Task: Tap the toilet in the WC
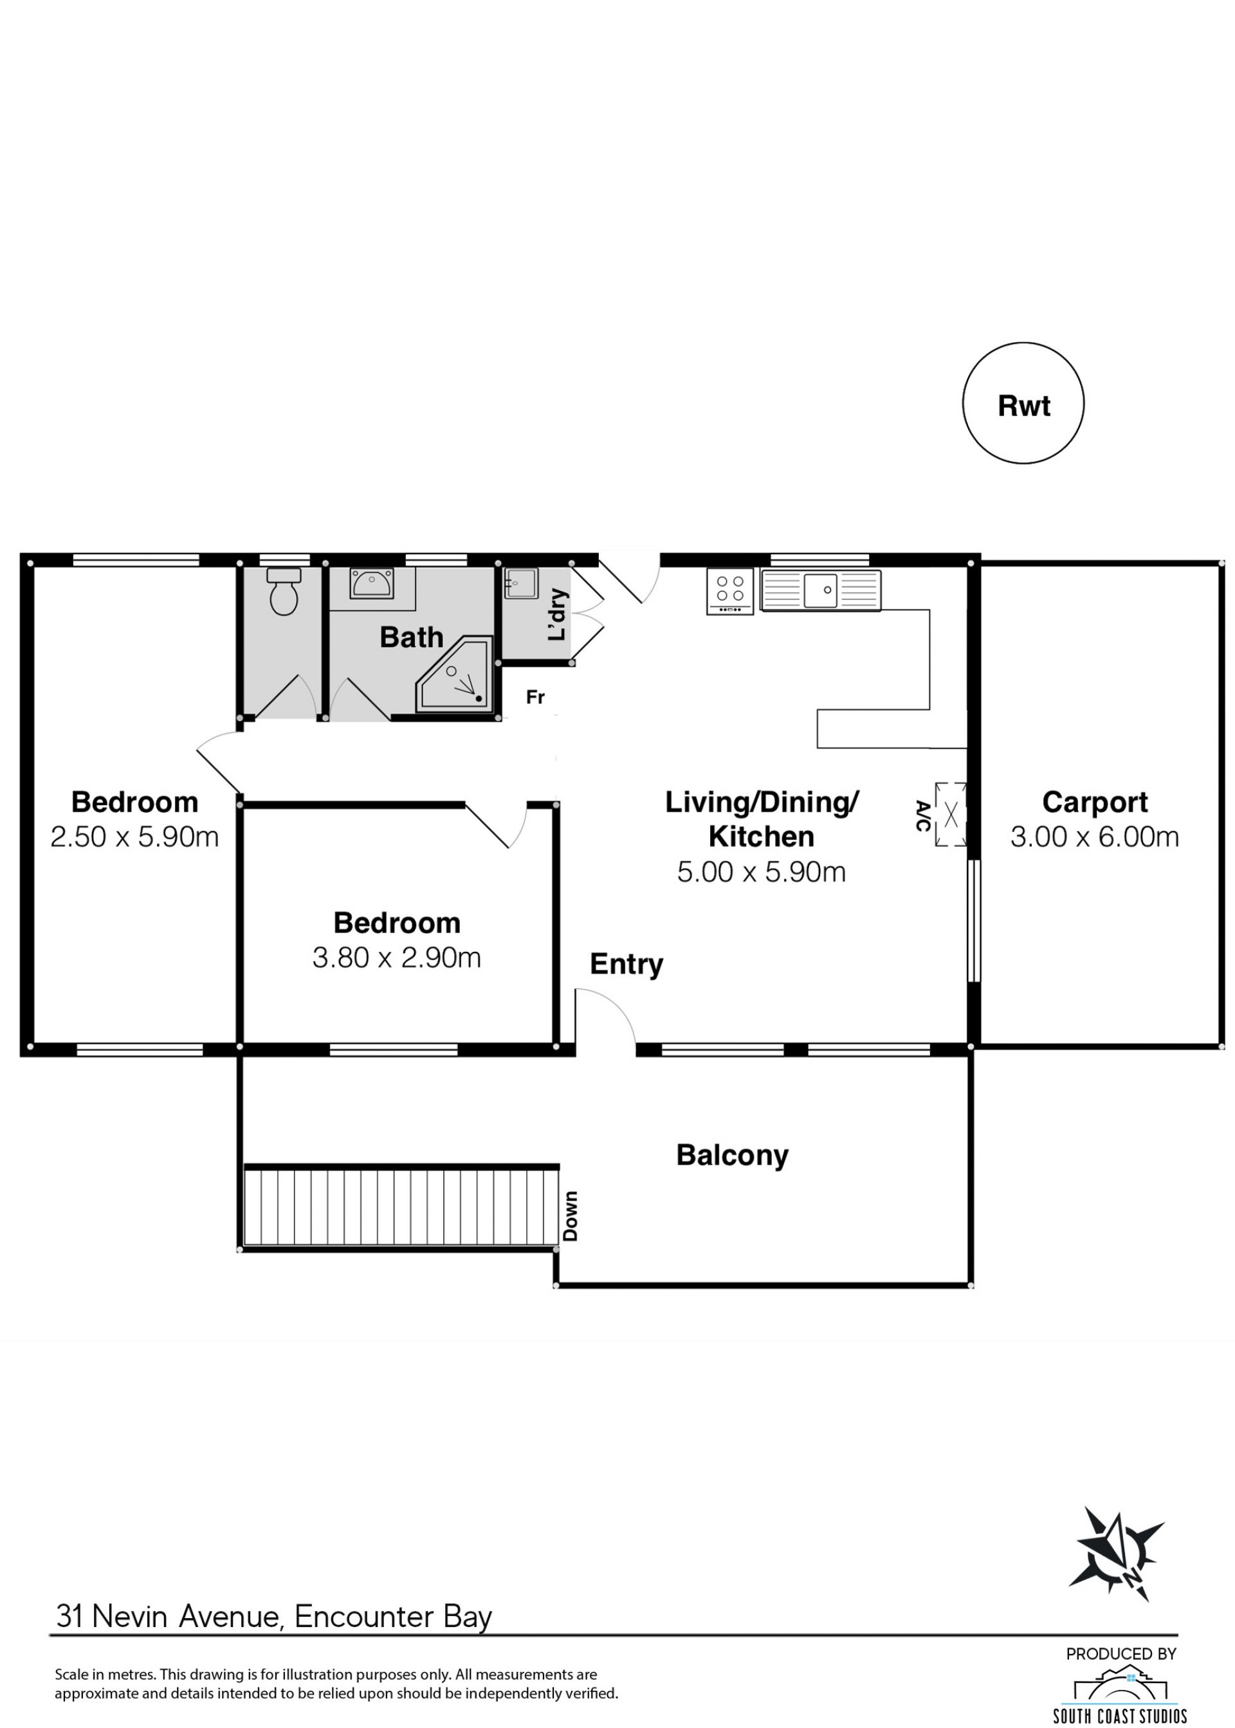pyautogui.click(x=284, y=591)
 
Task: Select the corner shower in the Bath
pyautogui.click(x=455, y=675)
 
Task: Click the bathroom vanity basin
pyautogui.click(x=371, y=583)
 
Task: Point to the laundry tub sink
pyautogui.click(x=521, y=583)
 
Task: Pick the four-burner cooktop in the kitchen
pyautogui.click(x=730, y=591)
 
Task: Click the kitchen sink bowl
pyautogui.click(x=821, y=591)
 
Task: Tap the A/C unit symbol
pyautogui.click(x=951, y=814)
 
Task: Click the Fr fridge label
pyautogui.click(x=535, y=697)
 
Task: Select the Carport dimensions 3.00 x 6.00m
pyautogui.click(x=1094, y=837)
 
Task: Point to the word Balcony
pyautogui.click(x=733, y=1156)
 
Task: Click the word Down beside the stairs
pyautogui.click(x=571, y=1215)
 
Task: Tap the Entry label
pyautogui.click(x=627, y=965)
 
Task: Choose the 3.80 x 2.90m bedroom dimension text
pyautogui.click(x=397, y=958)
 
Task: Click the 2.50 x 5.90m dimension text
pyautogui.click(x=134, y=837)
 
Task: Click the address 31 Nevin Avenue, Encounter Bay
pyautogui.click(x=274, y=1617)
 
